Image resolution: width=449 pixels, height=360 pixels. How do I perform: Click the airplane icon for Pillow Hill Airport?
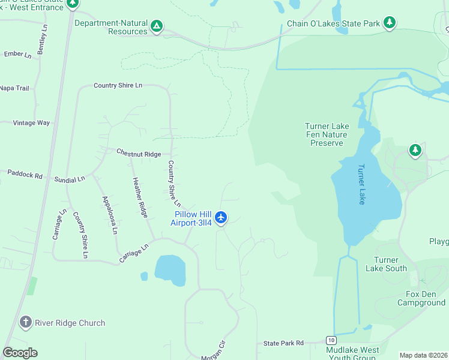pyautogui.click(x=221, y=217)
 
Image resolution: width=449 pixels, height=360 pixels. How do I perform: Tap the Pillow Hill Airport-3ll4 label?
pyautogui.click(x=193, y=218)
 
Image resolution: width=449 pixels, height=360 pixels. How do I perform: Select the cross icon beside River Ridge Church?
pyautogui.click(x=25, y=323)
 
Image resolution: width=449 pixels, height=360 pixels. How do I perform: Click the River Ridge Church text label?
pyautogui.click(x=70, y=323)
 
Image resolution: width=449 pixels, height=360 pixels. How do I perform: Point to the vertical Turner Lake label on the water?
pyautogui.click(x=361, y=185)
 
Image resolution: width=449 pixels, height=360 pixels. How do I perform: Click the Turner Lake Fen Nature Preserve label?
pyautogui.click(x=327, y=134)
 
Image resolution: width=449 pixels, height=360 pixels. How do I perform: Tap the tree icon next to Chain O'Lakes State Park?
pyautogui.click(x=390, y=23)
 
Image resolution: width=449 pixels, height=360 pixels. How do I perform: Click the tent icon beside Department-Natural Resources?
pyautogui.click(x=156, y=26)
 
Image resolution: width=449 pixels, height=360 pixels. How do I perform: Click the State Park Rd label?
pyautogui.click(x=284, y=343)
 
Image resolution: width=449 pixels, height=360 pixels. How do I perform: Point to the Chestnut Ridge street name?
pyautogui.click(x=139, y=154)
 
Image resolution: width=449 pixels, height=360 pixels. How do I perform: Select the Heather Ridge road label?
pyautogui.click(x=140, y=197)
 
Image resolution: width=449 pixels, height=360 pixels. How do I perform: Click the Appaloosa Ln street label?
pyautogui.click(x=109, y=215)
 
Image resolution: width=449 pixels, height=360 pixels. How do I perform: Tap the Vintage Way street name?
pyautogui.click(x=32, y=122)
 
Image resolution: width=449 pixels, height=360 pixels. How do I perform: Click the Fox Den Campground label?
pyautogui.click(x=421, y=299)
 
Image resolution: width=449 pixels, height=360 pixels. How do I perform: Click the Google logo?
pyautogui.click(x=20, y=352)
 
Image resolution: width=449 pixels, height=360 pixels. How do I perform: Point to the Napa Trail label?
pyautogui.click(x=14, y=88)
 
